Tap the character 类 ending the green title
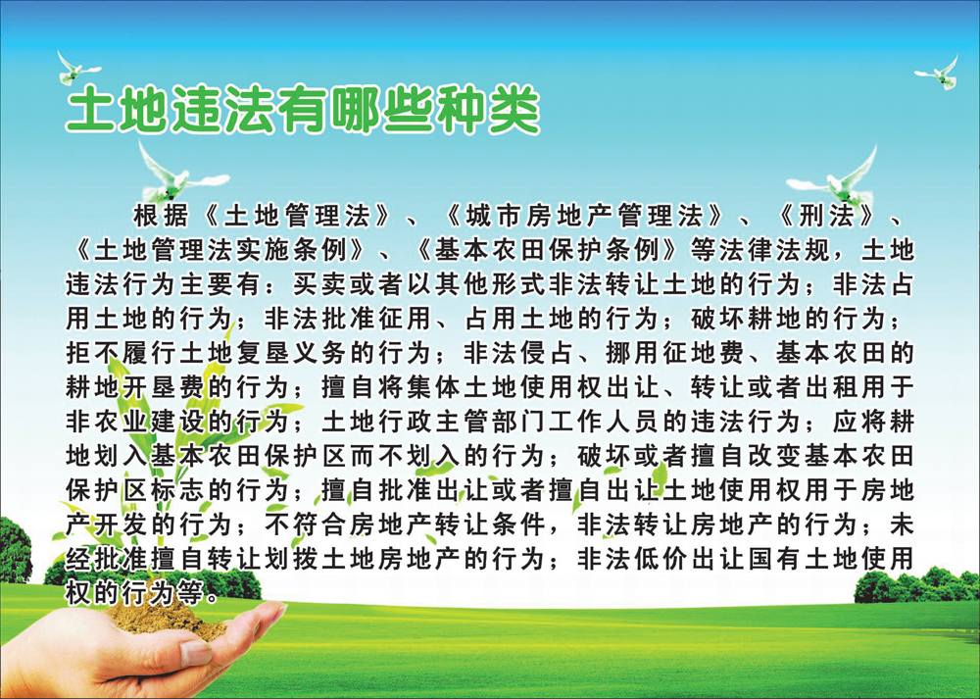[514, 111]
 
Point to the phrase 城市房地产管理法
[584, 217]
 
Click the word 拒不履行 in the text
[121, 353]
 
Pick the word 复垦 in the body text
[263, 353]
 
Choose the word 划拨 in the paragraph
[292, 559]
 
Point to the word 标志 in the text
[177, 490]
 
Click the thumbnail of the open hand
[194, 654]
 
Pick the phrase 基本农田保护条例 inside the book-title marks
[548, 251]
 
